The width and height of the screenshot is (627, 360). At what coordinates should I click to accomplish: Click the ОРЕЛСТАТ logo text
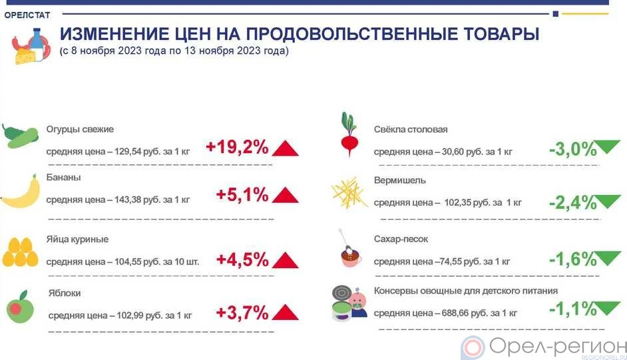click(x=27, y=15)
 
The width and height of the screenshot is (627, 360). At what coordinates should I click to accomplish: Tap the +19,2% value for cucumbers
click(x=237, y=147)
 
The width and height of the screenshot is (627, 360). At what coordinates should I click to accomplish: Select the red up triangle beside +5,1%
click(x=285, y=196)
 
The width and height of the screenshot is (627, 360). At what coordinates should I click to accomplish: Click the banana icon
click(x=21, y=192)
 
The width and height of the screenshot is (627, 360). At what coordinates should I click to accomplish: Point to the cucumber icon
click(x=20, y=136)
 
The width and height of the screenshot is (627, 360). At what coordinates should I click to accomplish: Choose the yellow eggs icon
click(x=21, y=252)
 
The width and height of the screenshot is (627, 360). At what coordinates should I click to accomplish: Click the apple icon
click(x=20, y=307)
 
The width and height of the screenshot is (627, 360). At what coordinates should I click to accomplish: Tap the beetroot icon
click(x=349, y=134)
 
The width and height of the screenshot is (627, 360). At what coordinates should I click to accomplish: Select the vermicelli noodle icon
click(x=349, y=193)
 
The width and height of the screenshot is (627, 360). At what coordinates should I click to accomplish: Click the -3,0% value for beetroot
click(x=573, y=150)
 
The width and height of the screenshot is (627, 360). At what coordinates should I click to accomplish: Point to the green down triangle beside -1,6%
click(x=608, y=258)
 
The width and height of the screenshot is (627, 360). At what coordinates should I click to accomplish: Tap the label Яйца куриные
click(x=78, y=240)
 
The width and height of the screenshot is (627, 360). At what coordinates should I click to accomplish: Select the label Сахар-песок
click(x=401, y=239)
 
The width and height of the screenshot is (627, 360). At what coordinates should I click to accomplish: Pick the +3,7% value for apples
click(x=242, y=313)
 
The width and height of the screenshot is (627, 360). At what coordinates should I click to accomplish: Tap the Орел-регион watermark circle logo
click(x=473, y=347)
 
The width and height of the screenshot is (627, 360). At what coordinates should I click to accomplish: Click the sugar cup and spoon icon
click(x=350, y=248)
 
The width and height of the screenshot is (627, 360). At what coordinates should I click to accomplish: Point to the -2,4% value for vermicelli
click(x=573, y=202)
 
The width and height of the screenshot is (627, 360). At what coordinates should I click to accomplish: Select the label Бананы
click(x=64, y=178)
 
